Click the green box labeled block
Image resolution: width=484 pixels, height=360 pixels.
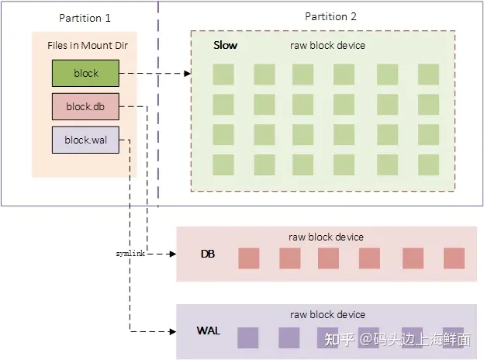[x=85, y=74]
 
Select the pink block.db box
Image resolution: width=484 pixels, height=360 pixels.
[x=85, y=107]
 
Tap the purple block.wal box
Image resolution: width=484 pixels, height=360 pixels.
[x=85, y=140]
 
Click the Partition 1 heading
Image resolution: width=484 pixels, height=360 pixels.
[x=85, y=18]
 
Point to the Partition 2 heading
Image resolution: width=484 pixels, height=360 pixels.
[x=331, y=17]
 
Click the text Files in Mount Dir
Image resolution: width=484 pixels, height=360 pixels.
[x=85, y=45]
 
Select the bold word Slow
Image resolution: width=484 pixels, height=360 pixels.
[x=226, y=46]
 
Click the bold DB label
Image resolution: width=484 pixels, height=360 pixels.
[x=208, y=254]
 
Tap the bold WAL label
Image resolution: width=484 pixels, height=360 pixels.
[x=209, y=331]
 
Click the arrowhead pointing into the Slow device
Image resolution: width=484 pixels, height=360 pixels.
[x=187, y=74]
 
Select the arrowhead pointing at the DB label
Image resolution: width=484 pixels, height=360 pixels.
[x=172, y=254]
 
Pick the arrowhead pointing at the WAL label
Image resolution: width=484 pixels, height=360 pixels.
[x=172, y=332]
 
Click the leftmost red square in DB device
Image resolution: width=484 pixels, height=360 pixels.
[x=248, y=258]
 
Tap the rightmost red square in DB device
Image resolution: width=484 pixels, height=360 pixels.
[x=454, y=258]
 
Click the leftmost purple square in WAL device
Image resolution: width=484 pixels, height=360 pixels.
[x=248, y=337]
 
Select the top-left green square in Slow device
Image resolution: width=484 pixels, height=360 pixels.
[x=223, y=74]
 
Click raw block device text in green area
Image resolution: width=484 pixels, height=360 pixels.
[x=327, y=46]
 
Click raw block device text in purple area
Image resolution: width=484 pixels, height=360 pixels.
[x=327, y=315]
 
